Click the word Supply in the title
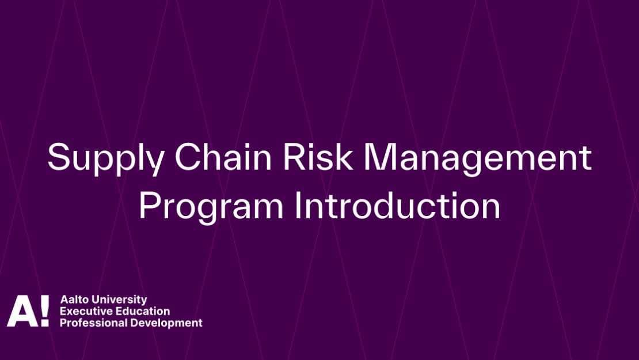[x=106, y=159]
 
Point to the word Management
[x=477, y=159]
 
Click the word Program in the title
[x=211, y=207]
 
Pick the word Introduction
[x=397, y=205]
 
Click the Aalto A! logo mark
[x=28, y=310]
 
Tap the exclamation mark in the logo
[x=44, y=310]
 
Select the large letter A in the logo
[x=23, y=311]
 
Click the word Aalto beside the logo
[x=75, y=300]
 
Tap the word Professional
[x=93, y=323]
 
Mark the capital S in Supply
[x=59, y=157]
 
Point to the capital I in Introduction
[x=298, y=206]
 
